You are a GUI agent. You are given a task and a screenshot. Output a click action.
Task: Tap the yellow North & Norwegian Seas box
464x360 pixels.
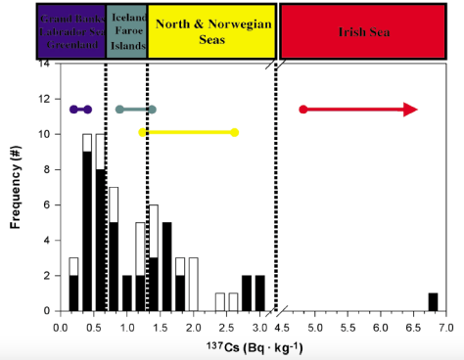pyautogui.click(x=211, y=30)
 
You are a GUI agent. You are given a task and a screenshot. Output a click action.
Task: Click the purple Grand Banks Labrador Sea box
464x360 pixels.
pyautogui.click(x=71, y=30)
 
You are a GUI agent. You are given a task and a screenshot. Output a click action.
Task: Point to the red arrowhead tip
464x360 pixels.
pyautogui.click(x=416, y=109)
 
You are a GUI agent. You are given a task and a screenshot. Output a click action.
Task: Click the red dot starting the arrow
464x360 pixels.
pyautogui.click(x=303, y=109)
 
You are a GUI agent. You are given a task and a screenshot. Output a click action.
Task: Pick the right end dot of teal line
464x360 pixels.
pyautogui.click(x=152, y=109)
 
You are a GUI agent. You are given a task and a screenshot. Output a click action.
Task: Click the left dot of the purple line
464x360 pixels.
pyautogui.click(x=73, y=109)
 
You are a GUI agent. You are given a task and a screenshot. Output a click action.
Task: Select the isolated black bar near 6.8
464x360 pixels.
pyautogui.click(x=433, y=301)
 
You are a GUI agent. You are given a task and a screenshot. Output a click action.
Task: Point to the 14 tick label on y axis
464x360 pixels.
pyautogui.click(x=45, y=65)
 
